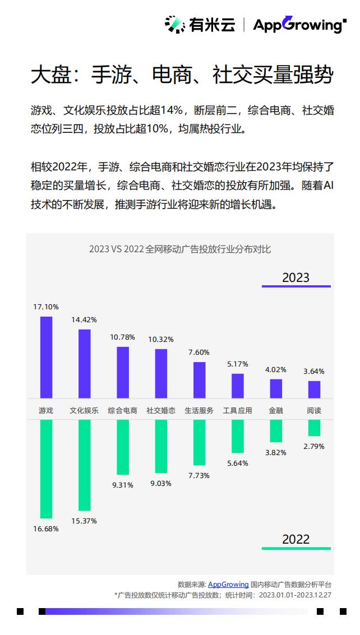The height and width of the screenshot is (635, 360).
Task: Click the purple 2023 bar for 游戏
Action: pos(46,357)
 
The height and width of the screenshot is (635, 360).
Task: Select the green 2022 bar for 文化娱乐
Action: pos(84,465)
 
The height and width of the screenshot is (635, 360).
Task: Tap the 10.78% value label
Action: pos(122,337)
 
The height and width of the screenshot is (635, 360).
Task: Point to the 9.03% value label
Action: pos(160,483)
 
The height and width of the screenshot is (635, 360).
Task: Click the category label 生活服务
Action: pos(199,410)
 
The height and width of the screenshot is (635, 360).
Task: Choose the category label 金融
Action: pos(276,410)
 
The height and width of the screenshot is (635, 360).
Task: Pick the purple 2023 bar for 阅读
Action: pos(314,390)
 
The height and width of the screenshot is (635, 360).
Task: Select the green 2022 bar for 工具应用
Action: pos(238,436)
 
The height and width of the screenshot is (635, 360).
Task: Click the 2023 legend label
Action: pos(296,277)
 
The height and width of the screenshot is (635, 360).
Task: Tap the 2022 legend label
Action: pos(296,539)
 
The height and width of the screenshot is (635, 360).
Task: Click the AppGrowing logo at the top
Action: pos(299,25)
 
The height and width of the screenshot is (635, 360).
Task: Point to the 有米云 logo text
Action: pos(211,25)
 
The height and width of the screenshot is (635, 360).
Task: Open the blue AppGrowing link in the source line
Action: pos(228,585)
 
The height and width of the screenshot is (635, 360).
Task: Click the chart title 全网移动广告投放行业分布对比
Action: pos(207,249)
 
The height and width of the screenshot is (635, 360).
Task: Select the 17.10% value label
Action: pos(46,307)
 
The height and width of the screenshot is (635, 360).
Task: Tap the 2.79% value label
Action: pos(314,446)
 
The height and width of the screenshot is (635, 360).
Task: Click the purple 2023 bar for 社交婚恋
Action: pos(161,373)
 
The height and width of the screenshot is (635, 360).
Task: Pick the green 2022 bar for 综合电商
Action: pos(123,447)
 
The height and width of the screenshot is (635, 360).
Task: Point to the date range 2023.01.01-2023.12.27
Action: pos(295,595)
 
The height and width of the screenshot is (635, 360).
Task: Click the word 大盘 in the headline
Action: pos(50,75)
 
